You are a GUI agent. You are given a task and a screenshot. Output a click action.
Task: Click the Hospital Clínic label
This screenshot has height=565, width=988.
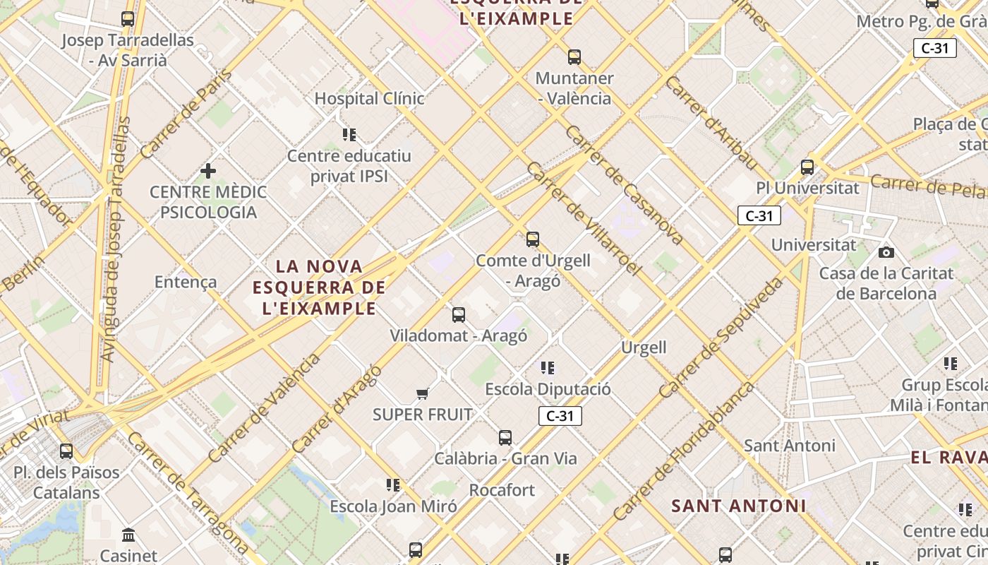[x=369, y=98]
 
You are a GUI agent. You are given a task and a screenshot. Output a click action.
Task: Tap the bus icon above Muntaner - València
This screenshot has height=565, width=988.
[x=574, y=57]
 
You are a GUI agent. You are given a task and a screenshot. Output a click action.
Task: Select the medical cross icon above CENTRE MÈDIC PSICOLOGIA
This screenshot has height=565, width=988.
[x=208, y=171]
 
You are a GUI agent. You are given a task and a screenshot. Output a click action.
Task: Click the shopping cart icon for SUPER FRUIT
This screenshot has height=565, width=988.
[x=422, y=393]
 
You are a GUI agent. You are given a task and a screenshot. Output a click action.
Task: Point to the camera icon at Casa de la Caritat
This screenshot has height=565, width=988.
[x=886, y=252]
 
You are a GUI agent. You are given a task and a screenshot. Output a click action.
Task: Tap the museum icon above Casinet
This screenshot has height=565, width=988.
[x=128, y=535]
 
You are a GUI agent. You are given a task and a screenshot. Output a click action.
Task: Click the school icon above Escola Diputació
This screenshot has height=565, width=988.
[x=548, y=368]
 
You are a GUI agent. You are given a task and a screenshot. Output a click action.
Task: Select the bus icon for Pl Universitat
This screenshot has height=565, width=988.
[x=807, y=168]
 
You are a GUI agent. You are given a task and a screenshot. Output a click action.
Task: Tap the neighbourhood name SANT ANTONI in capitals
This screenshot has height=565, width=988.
[x=738, y=506]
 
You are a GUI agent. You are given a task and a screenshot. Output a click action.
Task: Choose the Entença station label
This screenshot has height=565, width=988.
[x=186, y=282]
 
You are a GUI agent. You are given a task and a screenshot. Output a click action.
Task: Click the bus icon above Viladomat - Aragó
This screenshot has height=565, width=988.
[x=459, y=315]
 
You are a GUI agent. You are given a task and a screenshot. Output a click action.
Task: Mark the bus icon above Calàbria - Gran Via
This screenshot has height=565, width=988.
[x=505, y=438]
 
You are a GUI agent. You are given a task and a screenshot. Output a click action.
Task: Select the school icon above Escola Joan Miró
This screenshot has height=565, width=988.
[x=393, y=485]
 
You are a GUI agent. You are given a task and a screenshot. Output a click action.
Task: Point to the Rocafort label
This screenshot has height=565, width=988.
[x=502, y=489]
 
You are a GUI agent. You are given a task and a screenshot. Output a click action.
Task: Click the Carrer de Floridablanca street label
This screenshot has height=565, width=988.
[x=683, y=452]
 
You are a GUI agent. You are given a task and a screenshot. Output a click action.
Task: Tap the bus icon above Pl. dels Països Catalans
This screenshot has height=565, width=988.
[x=66, y=451]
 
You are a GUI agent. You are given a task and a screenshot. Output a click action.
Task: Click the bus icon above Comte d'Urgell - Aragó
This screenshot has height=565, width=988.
[x=533, y=239]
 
